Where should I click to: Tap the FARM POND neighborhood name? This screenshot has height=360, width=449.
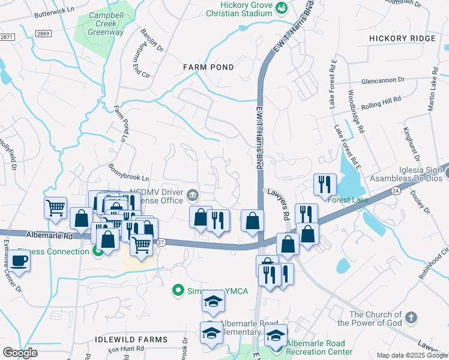click(208, 67)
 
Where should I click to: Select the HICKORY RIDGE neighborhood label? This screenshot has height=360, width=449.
click(402, 38)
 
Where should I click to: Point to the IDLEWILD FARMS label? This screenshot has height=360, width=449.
click(131, 340)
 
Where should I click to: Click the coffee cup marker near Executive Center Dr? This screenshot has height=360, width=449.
click(19, 261)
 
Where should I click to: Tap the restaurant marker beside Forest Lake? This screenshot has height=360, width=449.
click(325, 184)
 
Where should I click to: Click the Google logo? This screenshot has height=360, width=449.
click(20, 353)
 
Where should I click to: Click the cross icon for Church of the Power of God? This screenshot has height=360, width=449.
click(411, 316)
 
